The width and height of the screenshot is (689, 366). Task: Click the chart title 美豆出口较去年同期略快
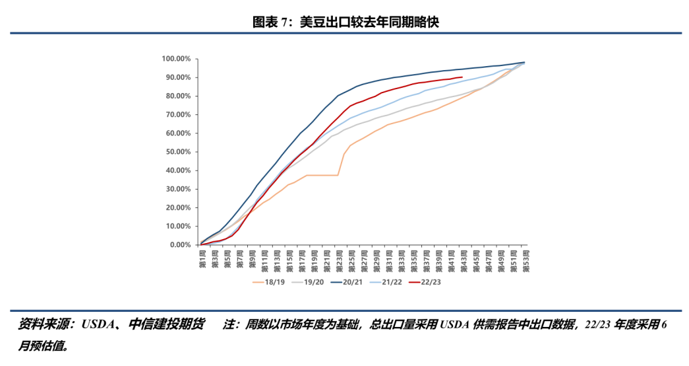point(369,22)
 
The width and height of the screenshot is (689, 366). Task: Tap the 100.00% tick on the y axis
point(176,59)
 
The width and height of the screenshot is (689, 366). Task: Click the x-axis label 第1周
point(201,258)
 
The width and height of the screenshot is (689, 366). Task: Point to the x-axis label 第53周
point(524,259)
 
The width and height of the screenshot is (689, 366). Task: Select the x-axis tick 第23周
point(338,259)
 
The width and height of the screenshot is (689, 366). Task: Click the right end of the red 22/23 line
point(462,77)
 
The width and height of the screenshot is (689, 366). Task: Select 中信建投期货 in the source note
point(167,326)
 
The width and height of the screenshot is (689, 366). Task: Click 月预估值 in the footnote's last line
point(41,345)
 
